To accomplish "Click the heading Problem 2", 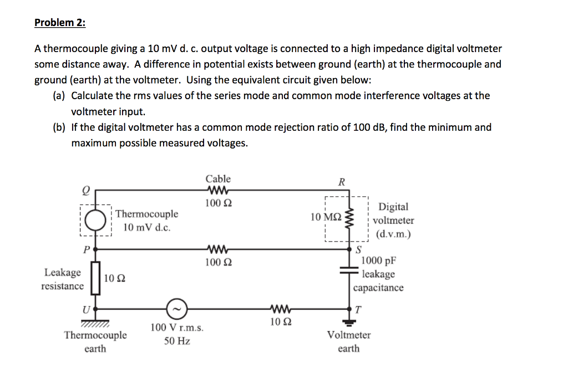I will tap(60, 23).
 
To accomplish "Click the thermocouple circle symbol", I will tap(95, 221).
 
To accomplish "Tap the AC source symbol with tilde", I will tap(177, 307).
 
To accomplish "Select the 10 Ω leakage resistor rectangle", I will tap(95, 278).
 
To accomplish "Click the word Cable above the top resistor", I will tap(218, 179).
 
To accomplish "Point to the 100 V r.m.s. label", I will tap(177, 328).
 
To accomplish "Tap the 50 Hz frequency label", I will tap(177, 341).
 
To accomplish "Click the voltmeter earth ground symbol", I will tap(349, 320).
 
